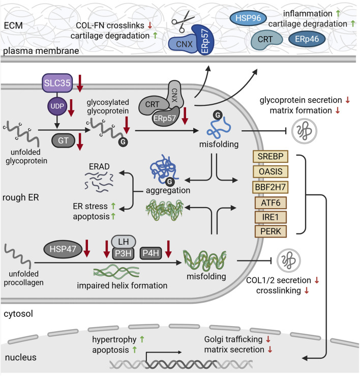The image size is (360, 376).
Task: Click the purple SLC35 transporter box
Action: coord(57,83)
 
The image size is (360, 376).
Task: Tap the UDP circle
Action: coord(57,106)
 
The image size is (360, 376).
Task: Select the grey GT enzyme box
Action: coord(63,140)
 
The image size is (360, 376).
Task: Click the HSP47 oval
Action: coord(63,249)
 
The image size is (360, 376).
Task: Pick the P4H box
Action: coord(151,253)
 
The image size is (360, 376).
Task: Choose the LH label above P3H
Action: coord(124,242)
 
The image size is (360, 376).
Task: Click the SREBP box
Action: coord(271,156)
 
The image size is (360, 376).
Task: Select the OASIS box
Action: coord(271,171)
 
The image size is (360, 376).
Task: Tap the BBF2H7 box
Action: coord(271,187)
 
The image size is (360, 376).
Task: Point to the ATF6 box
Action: coord(271,203)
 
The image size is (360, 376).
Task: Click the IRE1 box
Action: coord(271,217)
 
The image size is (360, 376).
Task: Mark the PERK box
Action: coord(271,232)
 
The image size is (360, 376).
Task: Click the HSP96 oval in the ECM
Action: coord(248,18)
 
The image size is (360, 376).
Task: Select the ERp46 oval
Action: coord(307,39)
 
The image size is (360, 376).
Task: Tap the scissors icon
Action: coord(183,21)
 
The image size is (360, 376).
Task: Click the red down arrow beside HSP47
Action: coord(86,248)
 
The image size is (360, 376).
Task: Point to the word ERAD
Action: coord(99,166)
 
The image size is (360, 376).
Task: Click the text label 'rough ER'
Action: coord(21,197)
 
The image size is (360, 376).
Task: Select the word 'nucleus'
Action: coord(21,357)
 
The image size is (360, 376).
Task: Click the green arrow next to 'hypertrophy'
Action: coord(142,339)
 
